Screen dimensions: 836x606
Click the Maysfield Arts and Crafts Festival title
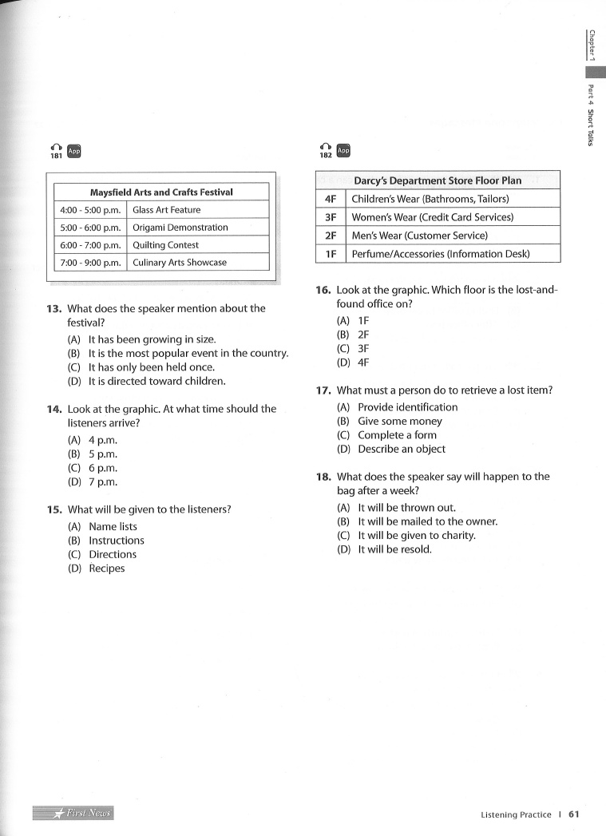161,192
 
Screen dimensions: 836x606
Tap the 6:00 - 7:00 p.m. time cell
89,245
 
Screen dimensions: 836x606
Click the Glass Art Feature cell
167,210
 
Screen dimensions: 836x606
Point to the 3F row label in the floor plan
331,217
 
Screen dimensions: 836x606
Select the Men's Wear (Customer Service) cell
419,236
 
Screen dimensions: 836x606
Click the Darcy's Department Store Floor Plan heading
438,180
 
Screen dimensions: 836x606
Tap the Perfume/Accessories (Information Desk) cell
441,255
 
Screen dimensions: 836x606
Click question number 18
323,477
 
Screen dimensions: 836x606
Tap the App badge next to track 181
74,150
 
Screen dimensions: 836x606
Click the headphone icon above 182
325,146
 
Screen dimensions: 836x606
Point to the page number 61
573,814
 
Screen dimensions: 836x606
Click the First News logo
73,813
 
